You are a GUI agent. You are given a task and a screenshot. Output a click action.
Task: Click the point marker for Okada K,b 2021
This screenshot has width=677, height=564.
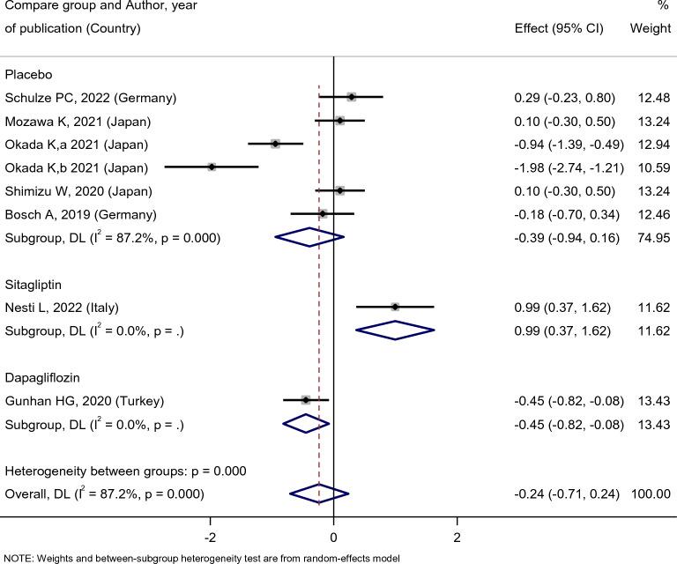[x=212, y=167]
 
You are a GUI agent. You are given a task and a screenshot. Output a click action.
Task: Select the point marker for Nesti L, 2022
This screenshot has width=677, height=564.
[x=395, y=307]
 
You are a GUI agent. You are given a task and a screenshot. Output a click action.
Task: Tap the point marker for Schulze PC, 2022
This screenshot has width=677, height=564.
[x=352, y=96]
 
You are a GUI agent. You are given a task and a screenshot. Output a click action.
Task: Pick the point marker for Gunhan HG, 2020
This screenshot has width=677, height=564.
[x=306, y=400]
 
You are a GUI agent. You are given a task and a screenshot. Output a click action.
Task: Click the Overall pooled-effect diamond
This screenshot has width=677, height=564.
[x=319, y=493]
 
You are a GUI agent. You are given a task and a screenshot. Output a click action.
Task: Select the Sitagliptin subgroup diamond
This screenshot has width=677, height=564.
[x=395, y=330]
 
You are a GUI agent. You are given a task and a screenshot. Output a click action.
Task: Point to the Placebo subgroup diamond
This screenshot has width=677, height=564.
[x=309, y=237]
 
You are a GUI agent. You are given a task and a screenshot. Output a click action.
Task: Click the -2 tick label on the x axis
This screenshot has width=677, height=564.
[x=210, y=538]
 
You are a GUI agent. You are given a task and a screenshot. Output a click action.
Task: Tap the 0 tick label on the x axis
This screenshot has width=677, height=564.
[x=333, y=538]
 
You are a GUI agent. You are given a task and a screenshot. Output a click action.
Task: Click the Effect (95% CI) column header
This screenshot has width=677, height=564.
[x=558, y=28]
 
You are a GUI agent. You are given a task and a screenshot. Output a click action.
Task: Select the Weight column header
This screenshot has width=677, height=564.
[x=650, y=28]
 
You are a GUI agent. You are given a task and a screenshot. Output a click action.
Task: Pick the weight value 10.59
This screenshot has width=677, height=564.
[x=651, y=167]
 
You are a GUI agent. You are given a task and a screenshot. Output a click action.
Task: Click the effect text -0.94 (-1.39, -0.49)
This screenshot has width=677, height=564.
[x=564, y=144]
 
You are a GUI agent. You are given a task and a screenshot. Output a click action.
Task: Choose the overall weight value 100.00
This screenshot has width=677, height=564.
[x=651, y=493]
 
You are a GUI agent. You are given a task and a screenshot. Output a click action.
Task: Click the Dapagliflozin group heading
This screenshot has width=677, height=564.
[x=42, y=377]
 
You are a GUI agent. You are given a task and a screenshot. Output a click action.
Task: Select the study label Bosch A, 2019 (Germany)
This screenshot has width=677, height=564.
[x=81, y=214]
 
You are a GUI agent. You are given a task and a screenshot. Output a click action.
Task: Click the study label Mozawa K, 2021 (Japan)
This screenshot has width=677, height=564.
[x=78, y=121]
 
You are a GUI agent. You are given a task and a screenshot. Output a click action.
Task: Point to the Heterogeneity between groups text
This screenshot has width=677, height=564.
[x=126, y=471]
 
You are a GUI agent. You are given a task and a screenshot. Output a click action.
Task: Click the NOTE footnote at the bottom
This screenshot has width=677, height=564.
[x=201, y=558]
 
